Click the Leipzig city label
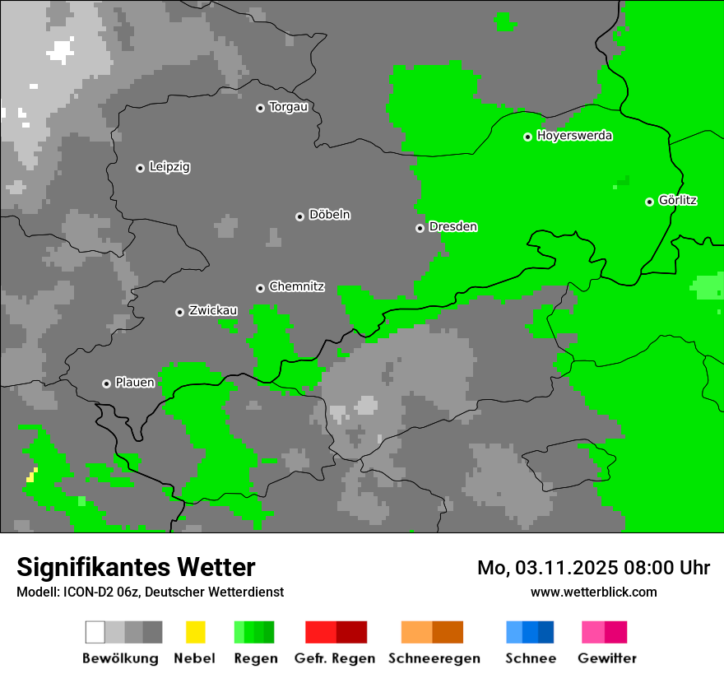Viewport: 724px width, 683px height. click(x=169, y=167)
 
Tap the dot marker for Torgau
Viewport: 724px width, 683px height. click(x=261, y=108)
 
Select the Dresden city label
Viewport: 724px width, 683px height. click(x=452, y=227)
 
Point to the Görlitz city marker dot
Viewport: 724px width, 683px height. click(x=650, y=202)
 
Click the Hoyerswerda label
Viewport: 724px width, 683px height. click(x=574, y=136)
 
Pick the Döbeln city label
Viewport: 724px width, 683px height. click(x=329, y=215)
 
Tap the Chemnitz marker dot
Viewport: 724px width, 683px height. click(x=261, y=288)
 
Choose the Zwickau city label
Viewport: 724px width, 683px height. click(x=213, y=310)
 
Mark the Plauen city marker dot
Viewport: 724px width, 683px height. click(x=107, y=383)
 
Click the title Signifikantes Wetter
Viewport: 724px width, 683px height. click(x=136, y=567)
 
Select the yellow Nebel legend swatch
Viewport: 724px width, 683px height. click(x=195, y=632)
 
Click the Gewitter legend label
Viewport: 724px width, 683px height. click(x=607, y=658)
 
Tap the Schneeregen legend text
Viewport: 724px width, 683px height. click(x=434, y=658)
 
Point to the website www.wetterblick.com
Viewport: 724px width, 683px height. click(x=594, y=592)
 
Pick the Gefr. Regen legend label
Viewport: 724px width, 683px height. click(x=335, y=658)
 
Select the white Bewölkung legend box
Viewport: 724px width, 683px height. click(x=95, y=632)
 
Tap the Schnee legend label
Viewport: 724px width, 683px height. click(x=531, y=658)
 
